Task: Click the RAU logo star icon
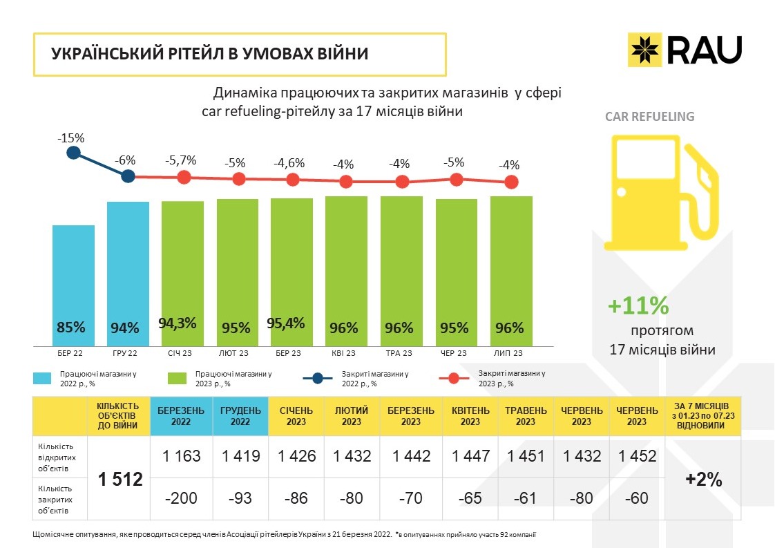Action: coord(644,49)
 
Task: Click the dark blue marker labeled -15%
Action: coord(73,153)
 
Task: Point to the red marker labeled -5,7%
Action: coord(183,177)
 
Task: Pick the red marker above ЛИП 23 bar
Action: coord(511,182)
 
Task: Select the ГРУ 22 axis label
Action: coord(127,353)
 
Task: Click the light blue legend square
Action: coord(43,378)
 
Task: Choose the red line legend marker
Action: coord(452,378)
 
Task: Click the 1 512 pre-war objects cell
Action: coord(119,478)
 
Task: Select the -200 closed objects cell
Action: coord(181,498)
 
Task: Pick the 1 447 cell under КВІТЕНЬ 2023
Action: coord(470,456)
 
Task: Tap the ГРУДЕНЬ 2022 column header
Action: coord(240,416)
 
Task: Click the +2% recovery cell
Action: coord(702,478)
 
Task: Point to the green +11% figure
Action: coord(638,305)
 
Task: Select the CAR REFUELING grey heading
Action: coord(649,116)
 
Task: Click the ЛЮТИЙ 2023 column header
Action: coord(352,416)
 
